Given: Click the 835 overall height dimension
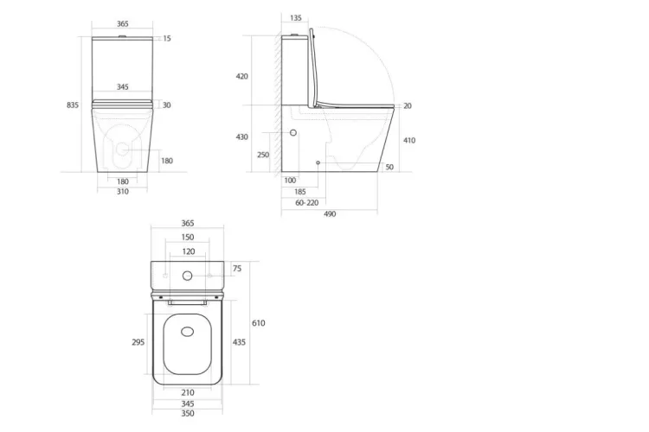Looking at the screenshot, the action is coord(73,105).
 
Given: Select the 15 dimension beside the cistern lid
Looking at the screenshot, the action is coord(167,38).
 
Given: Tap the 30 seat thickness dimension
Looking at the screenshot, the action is coord(166,105).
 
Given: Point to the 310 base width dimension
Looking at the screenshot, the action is coord(123,192).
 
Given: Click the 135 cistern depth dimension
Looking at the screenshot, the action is coord(296,18).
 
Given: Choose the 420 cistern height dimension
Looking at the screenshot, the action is coord(241,77).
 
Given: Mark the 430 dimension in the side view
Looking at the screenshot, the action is coord(241,137).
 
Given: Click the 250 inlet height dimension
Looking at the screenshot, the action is coord(263,155).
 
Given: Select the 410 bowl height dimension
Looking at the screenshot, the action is coord(409,141).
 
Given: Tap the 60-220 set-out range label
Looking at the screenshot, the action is coord(306,203).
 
